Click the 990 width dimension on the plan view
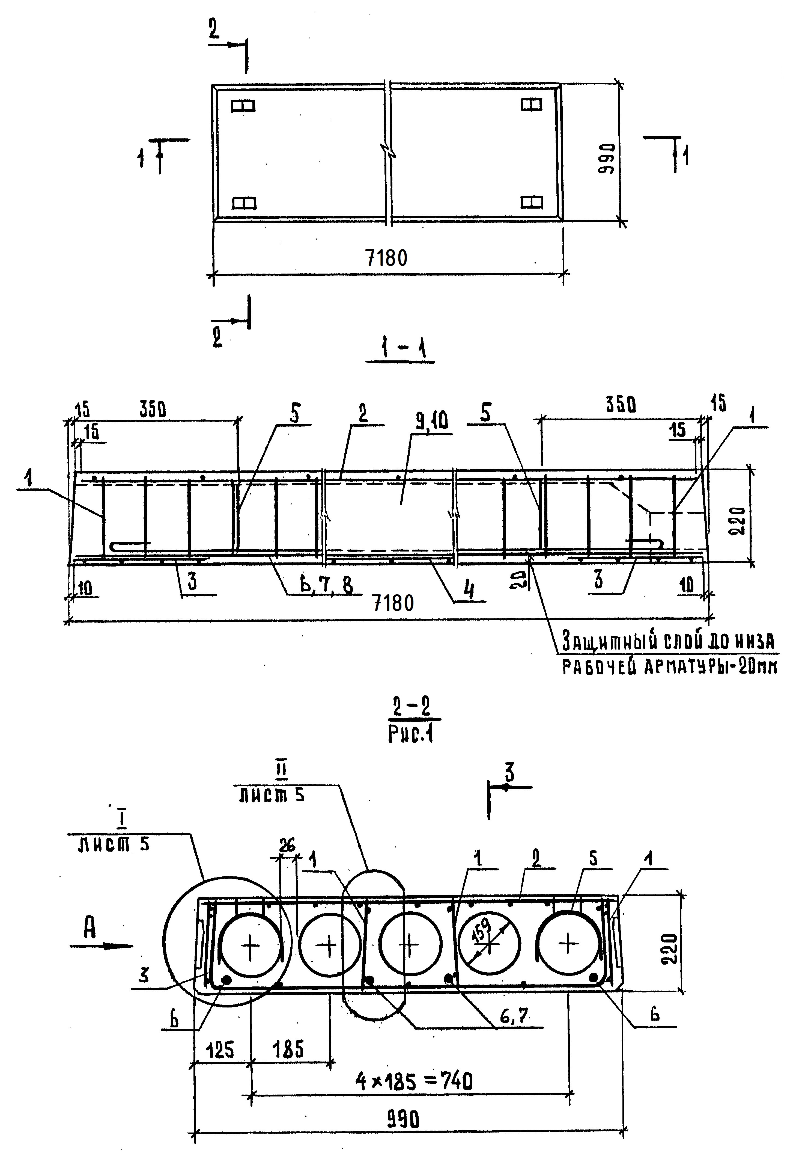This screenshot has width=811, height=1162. pyautogui.click(x=606, y=158)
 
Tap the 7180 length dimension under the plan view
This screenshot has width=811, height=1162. pyautogui.click(x=386, y=258)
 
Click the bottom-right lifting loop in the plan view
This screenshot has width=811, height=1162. pyautogui.click(x=531, y=202)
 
